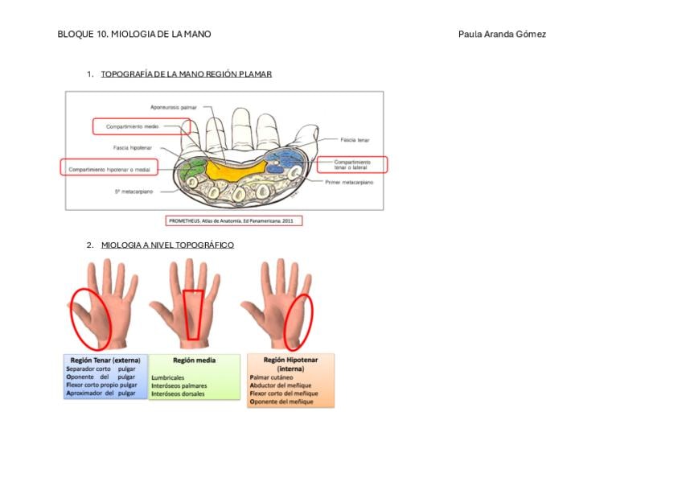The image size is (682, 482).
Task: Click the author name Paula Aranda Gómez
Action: [x=502, y=34]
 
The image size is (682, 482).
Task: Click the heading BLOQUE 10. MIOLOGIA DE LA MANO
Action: [x=134, y=34]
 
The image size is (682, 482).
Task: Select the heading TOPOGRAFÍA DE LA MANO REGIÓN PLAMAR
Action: [x=186, y=74]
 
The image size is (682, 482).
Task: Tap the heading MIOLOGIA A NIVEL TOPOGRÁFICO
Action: [x=167, y=245]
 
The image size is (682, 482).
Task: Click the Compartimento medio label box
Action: [x=141, y=127]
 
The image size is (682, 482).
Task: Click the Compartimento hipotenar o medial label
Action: [x=109, y=169]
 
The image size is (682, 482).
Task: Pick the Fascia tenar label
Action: [x=354, y=139]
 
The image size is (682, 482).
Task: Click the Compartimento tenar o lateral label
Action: [x=351, y=164]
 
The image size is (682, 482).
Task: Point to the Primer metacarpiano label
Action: [x=349, y=183]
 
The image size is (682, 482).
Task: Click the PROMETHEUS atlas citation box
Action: [x=234, y=220]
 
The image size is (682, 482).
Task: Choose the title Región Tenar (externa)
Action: [x=105, y=360]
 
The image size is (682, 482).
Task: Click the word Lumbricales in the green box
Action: [x=167, y=377]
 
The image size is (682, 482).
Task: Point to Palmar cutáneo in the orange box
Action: [x=272, y=377]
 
